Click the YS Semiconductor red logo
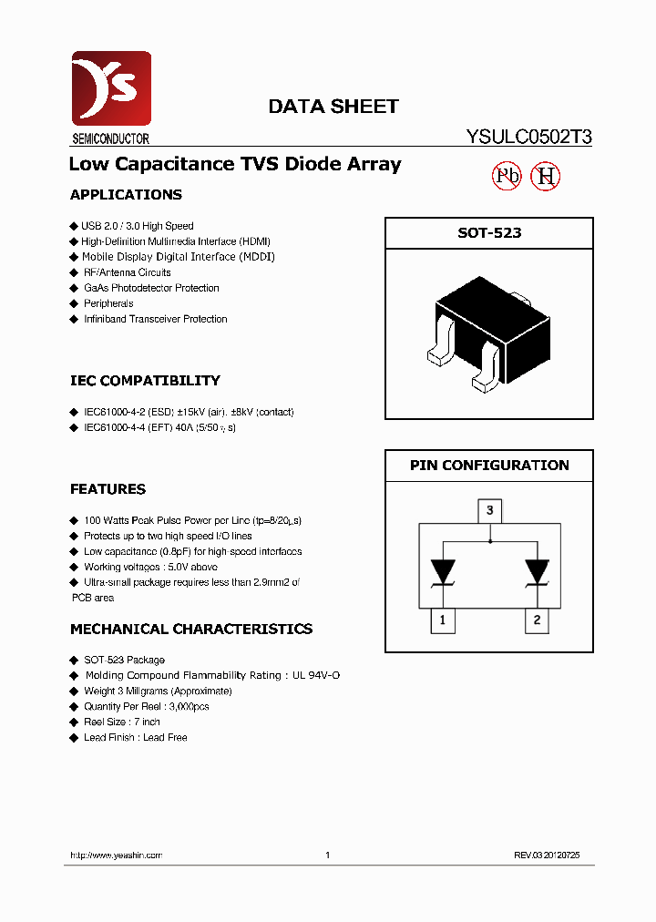point(110,89)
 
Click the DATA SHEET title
point(333,107)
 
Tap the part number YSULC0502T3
point(528,138)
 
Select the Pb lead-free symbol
point(507,176)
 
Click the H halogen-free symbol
point(546,176)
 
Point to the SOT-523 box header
point(489,233)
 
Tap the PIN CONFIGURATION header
point(489,465)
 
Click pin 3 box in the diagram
point(489,510)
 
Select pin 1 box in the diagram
point(443,621)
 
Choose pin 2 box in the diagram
point(537,621)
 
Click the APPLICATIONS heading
point(126,195)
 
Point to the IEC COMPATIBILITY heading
point(145,381)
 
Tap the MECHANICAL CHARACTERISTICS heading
point(190,630)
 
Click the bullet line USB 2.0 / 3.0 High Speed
point(138,226)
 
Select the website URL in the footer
point(116,855)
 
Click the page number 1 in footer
point(327,855)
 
